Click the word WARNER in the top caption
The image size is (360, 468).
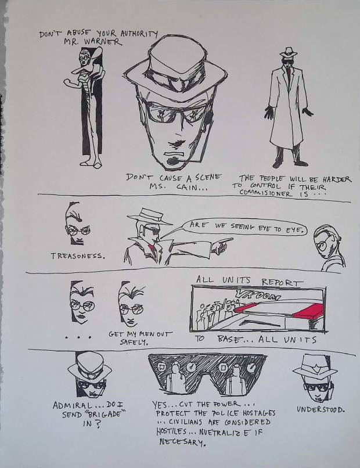point(103,41)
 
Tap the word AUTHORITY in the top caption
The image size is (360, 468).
point(139,34)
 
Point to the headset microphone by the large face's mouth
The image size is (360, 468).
point(172,161)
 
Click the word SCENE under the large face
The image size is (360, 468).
point(208,177)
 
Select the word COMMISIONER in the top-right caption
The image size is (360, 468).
point(266,193)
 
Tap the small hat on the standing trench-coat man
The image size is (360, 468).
point(288,52)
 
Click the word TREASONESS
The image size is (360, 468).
point(78,256)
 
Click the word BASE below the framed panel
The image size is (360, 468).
point(229,339)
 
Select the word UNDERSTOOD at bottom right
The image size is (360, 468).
point(321,409)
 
